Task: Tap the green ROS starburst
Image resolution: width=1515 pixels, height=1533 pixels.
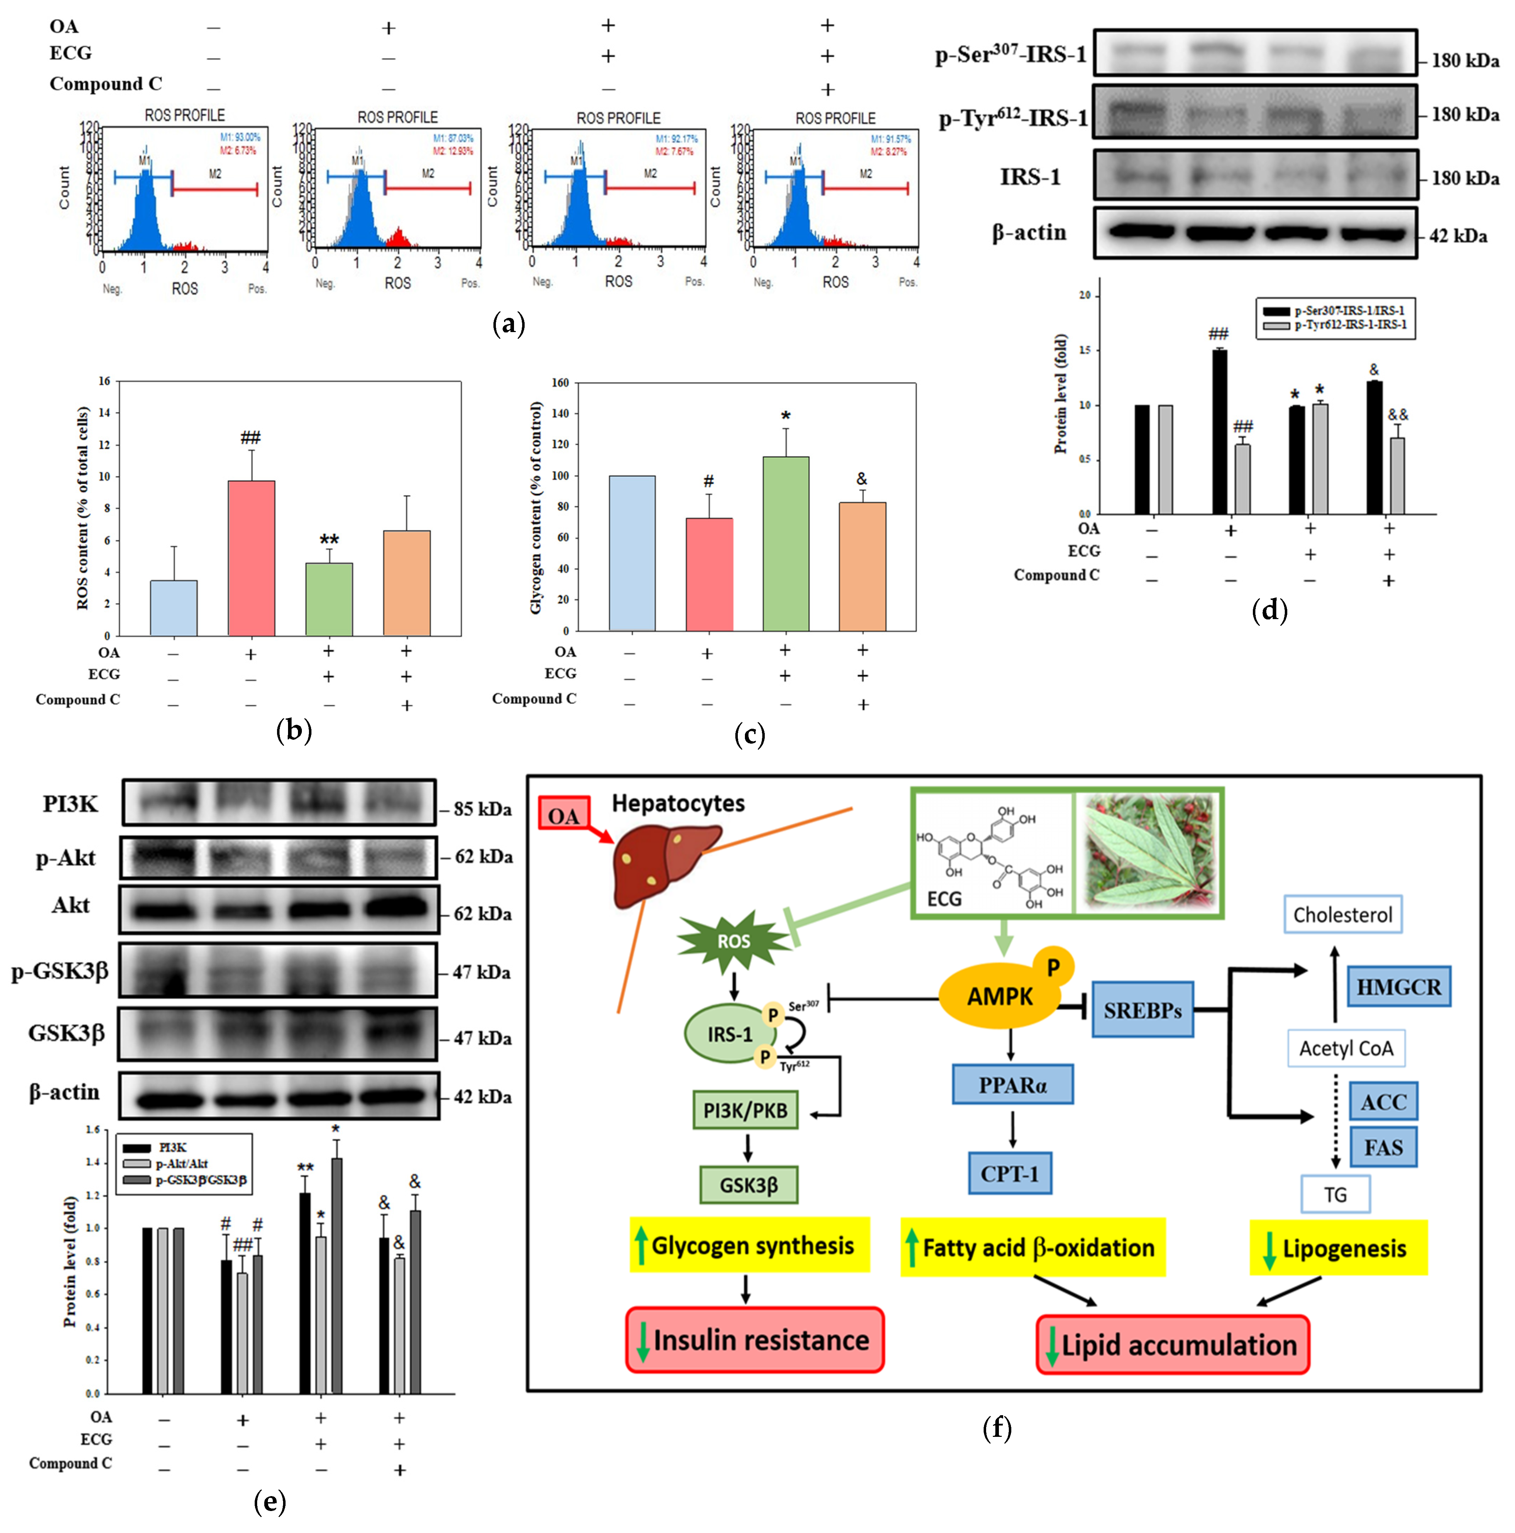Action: (733, 942)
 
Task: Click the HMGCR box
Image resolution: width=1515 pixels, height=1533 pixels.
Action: (1398, 987)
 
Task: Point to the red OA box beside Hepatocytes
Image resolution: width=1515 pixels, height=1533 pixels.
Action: (563, 815)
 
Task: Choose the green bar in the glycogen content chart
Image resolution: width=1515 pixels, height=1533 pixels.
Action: (785, 544)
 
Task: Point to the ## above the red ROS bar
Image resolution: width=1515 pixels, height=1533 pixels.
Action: (251, 437)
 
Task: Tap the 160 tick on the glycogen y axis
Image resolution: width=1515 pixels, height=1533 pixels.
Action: (560, 382)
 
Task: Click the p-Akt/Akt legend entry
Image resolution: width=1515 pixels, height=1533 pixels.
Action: (182, 1163)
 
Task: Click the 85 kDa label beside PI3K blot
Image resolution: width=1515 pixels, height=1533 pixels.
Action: (482, 809)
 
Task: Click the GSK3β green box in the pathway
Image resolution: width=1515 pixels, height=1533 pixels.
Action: (748, 1185)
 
